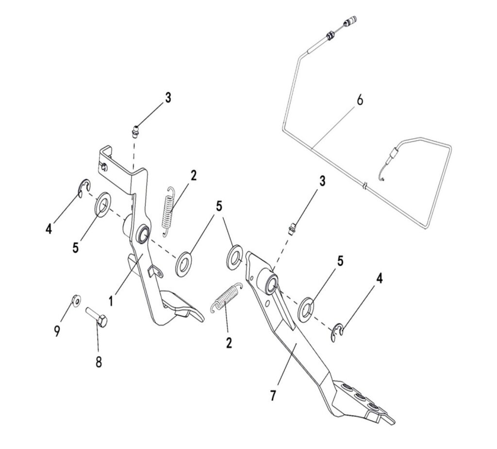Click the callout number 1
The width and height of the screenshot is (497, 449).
click(x=111, y=301)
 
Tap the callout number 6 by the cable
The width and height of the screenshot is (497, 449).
click(x=359, y=100)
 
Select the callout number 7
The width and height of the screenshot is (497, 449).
click(x=273, y=396)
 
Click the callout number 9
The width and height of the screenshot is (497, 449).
click(x=57, y=331)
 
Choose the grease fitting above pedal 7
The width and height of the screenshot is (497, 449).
click(x=293, y=227)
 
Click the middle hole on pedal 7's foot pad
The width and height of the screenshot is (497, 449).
click(x=360, y=397)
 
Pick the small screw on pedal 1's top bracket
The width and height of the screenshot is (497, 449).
click(x=105, y=167)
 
